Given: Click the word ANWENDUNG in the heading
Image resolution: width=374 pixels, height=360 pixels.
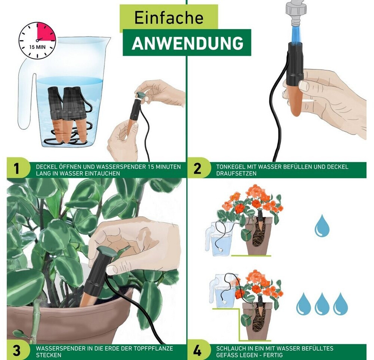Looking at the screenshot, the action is tap(188, 43).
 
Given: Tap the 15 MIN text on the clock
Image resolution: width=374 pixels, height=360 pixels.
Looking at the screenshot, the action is tap(37, 47).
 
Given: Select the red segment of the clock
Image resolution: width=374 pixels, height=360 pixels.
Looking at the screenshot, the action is tap(45, 31).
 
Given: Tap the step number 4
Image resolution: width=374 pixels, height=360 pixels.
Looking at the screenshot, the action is tap(197, 351).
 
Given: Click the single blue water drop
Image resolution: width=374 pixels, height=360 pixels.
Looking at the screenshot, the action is tap(322, 226).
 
